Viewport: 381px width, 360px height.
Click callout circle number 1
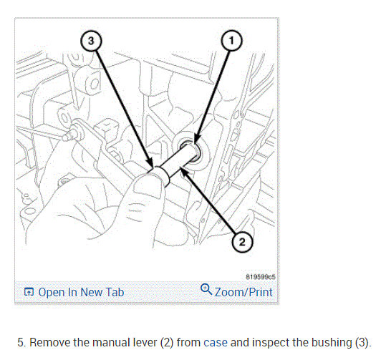click(231, 41)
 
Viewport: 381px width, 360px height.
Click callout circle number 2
click(242, 242)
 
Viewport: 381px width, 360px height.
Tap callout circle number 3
click(91, 41)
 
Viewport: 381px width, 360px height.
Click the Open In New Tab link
click(81, 292)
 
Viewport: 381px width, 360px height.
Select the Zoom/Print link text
click(243, 292)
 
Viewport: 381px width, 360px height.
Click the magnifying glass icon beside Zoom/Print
click(206, 289)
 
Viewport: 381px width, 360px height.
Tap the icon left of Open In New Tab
click(29, 292)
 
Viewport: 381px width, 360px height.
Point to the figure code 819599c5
click(261, 277)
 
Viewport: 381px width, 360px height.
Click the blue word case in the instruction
click(216, 343)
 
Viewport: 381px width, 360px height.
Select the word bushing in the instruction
click(332, 343)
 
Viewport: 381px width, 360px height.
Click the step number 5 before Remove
click(21, 343)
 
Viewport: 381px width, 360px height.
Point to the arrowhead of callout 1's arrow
click(196, 141)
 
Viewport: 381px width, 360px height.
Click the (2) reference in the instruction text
click(167, 343)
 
